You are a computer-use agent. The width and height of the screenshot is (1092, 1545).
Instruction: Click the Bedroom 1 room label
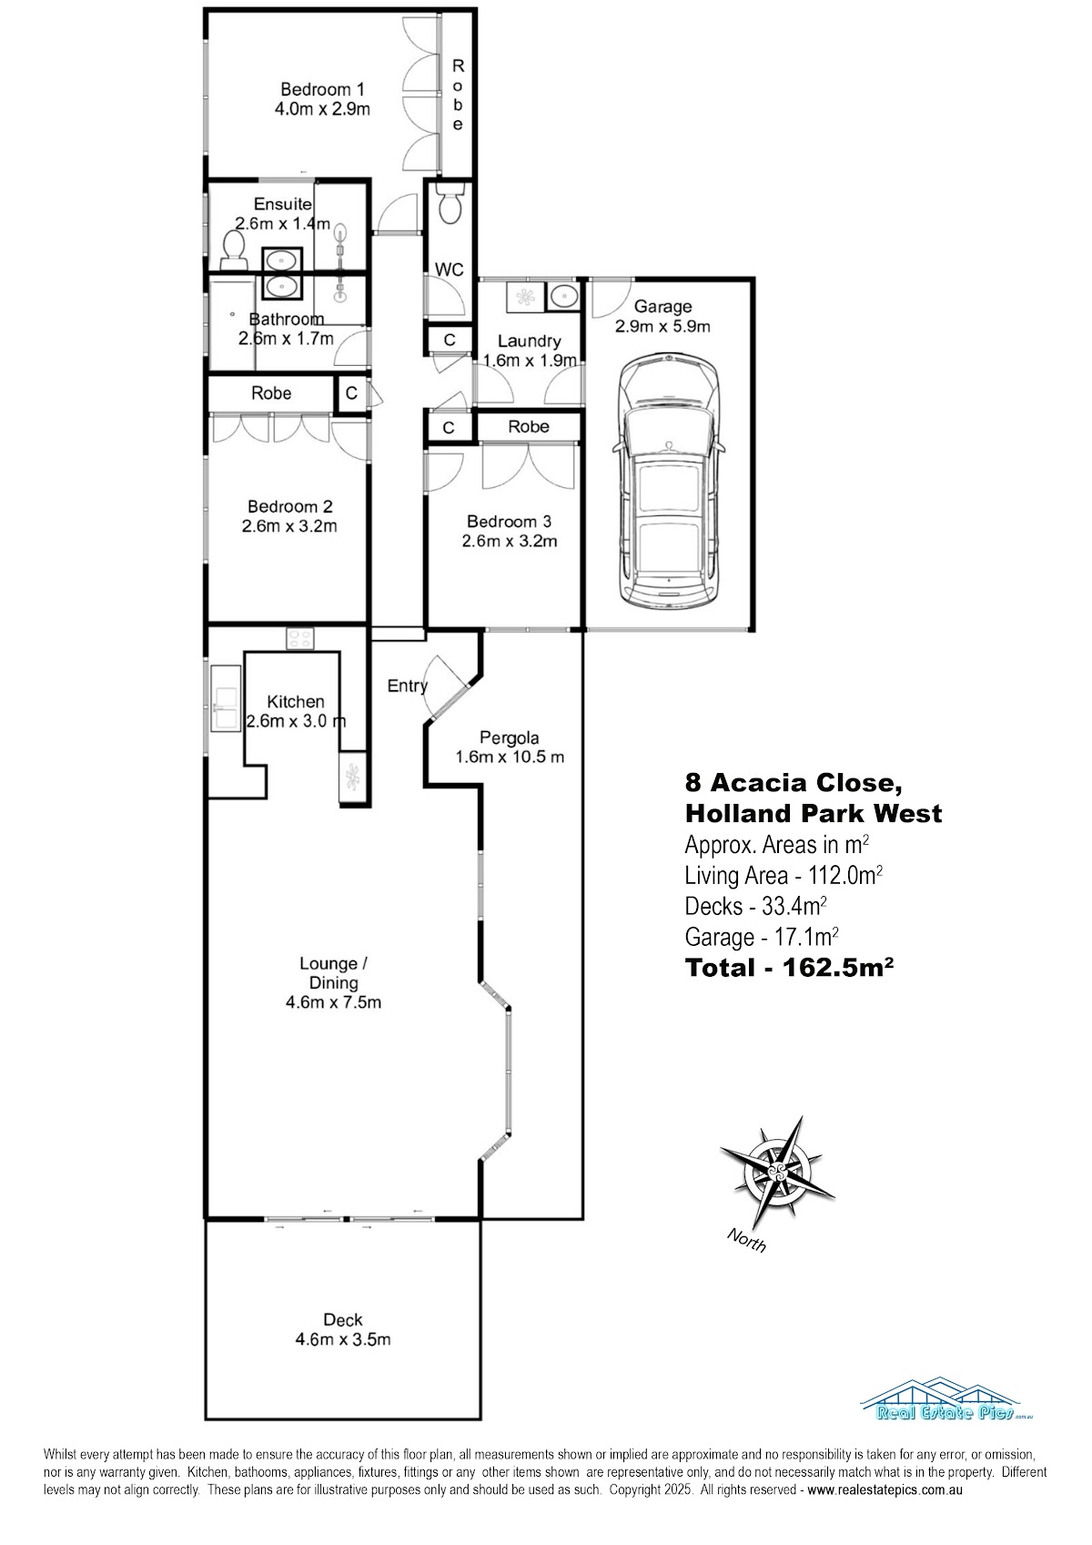322,89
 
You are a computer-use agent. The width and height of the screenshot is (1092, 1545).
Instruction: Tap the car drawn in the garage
667,481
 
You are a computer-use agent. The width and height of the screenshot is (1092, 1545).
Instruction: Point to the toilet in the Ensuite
233,250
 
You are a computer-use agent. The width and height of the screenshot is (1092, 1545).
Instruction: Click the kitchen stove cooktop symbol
300,638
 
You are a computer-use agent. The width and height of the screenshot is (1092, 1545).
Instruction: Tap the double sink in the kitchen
226,698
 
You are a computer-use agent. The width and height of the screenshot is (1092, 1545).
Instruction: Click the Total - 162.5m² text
789,968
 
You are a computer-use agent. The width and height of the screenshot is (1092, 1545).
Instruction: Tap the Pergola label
509,737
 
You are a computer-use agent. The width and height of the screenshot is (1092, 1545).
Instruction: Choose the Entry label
408,686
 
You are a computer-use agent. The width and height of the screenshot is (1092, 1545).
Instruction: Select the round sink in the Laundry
564,297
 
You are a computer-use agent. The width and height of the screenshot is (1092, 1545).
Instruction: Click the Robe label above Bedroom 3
529,427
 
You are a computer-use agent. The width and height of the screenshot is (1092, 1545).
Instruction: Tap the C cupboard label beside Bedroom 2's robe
351,393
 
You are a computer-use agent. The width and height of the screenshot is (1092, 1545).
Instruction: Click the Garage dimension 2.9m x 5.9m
662,326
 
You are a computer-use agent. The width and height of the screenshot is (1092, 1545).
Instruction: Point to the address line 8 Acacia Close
794,783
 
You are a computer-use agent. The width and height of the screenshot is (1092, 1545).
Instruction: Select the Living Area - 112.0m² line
784,875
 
